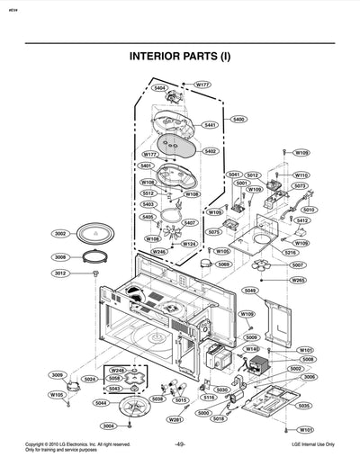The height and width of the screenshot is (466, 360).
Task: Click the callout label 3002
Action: tap(60, 234)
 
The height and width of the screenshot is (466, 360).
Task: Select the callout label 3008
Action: tap(60, 257)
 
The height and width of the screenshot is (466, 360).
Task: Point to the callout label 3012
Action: tap(60, 273)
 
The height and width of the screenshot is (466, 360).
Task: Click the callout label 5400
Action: tap(238, 119)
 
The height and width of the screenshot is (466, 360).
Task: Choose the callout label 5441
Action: tap(210, 125)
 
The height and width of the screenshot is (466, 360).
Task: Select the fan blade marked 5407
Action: tap(171, 236)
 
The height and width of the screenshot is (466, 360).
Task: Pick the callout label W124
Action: tap(190, 244)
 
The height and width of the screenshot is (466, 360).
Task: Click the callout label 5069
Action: tap(223, 264)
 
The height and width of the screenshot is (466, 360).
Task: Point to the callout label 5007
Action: tap(297, 265)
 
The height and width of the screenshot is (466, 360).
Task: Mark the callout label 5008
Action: tap(308, 359)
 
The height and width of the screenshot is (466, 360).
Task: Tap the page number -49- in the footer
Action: tap(180, 444)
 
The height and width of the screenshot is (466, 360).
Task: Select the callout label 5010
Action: tap(309, 210)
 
